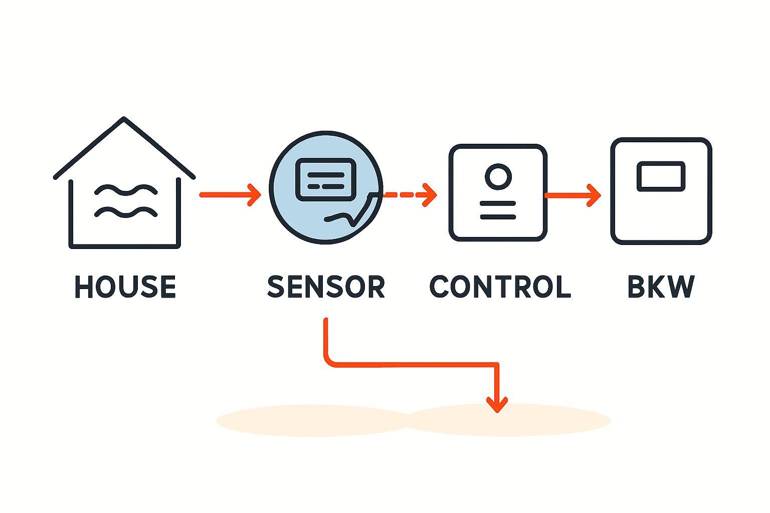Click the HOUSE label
tap(125, 287)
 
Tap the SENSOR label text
tap(326, 287)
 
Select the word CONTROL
tap(500, 287)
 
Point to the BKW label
tap(661, 287)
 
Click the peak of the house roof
tap(123, 119)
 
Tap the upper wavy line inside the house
tap(126, 190)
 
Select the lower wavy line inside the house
tap(126, 212)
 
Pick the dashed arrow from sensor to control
tap(409, 194)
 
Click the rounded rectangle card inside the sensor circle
tap(326, 179)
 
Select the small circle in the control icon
tap(498, 176)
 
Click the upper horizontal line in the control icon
tap(498, 203)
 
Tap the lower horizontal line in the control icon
tap(498, 217)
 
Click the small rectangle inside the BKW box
tap(661, 176)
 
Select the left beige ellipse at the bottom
tap(311, 421)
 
